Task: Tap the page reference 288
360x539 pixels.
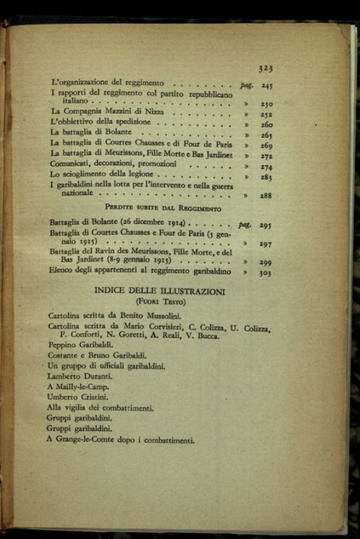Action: coord(266,196)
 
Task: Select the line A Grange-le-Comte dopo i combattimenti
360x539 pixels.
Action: coord(121,440)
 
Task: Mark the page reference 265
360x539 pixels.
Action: coord(267,135)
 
